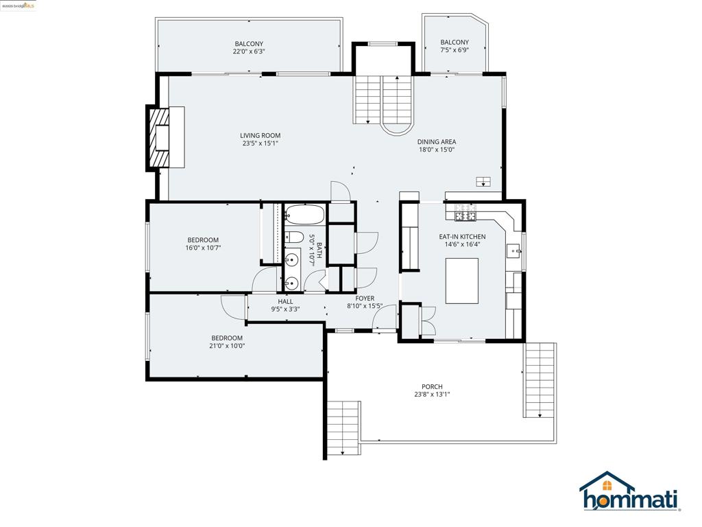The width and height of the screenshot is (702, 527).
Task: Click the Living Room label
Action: [x=260, y=135]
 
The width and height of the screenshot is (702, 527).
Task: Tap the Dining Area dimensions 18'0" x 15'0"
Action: [x=437, y=150]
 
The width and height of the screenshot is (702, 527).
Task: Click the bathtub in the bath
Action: [x=304, y=215]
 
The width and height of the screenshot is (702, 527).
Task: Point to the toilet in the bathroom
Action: [x=293, y=237]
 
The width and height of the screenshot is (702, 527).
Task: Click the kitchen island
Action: [x=461, y=281]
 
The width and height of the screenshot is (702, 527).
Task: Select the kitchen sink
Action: [x=514, y=252]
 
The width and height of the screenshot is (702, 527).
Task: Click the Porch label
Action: [x=432, y=386]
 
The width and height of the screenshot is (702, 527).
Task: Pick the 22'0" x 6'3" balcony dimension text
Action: [x=249, y=51]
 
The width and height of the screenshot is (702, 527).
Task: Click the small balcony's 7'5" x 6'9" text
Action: [x=455, y=50]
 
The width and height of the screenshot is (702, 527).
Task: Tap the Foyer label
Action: [x=365, y=298]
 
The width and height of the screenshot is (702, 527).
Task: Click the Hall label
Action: [x=285, y=302]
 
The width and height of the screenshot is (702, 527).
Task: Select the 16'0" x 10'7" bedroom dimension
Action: [x=203, y=248]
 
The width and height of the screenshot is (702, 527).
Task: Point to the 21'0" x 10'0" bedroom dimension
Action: [x=227, y=346]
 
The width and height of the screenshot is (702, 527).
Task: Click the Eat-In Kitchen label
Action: [x=462, y=237]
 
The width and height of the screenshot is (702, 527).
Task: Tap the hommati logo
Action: [x=630, y=491]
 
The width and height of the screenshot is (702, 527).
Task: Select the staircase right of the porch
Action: [x=540, y=380]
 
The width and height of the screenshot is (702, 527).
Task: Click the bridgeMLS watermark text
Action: [x=19, y=5]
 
